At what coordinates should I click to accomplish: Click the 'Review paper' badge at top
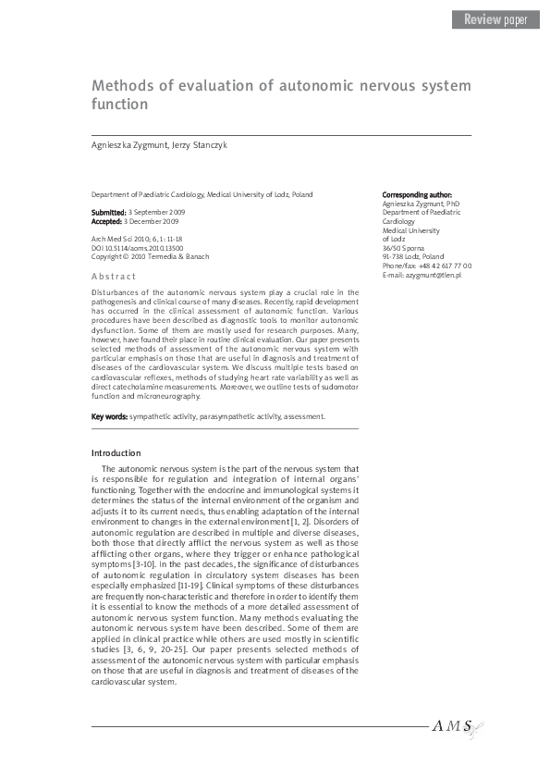(495, 19)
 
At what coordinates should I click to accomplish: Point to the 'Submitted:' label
(108, 213)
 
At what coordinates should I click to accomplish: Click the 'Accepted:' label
(107, 222)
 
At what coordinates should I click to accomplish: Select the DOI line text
(137, 248)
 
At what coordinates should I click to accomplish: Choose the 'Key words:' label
(109, 417)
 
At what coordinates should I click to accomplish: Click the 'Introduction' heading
(116, 453)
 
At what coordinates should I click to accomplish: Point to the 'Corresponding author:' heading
(417, 195)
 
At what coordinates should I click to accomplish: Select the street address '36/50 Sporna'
(402, 248)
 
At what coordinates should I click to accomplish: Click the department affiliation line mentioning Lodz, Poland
(202, 195)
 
